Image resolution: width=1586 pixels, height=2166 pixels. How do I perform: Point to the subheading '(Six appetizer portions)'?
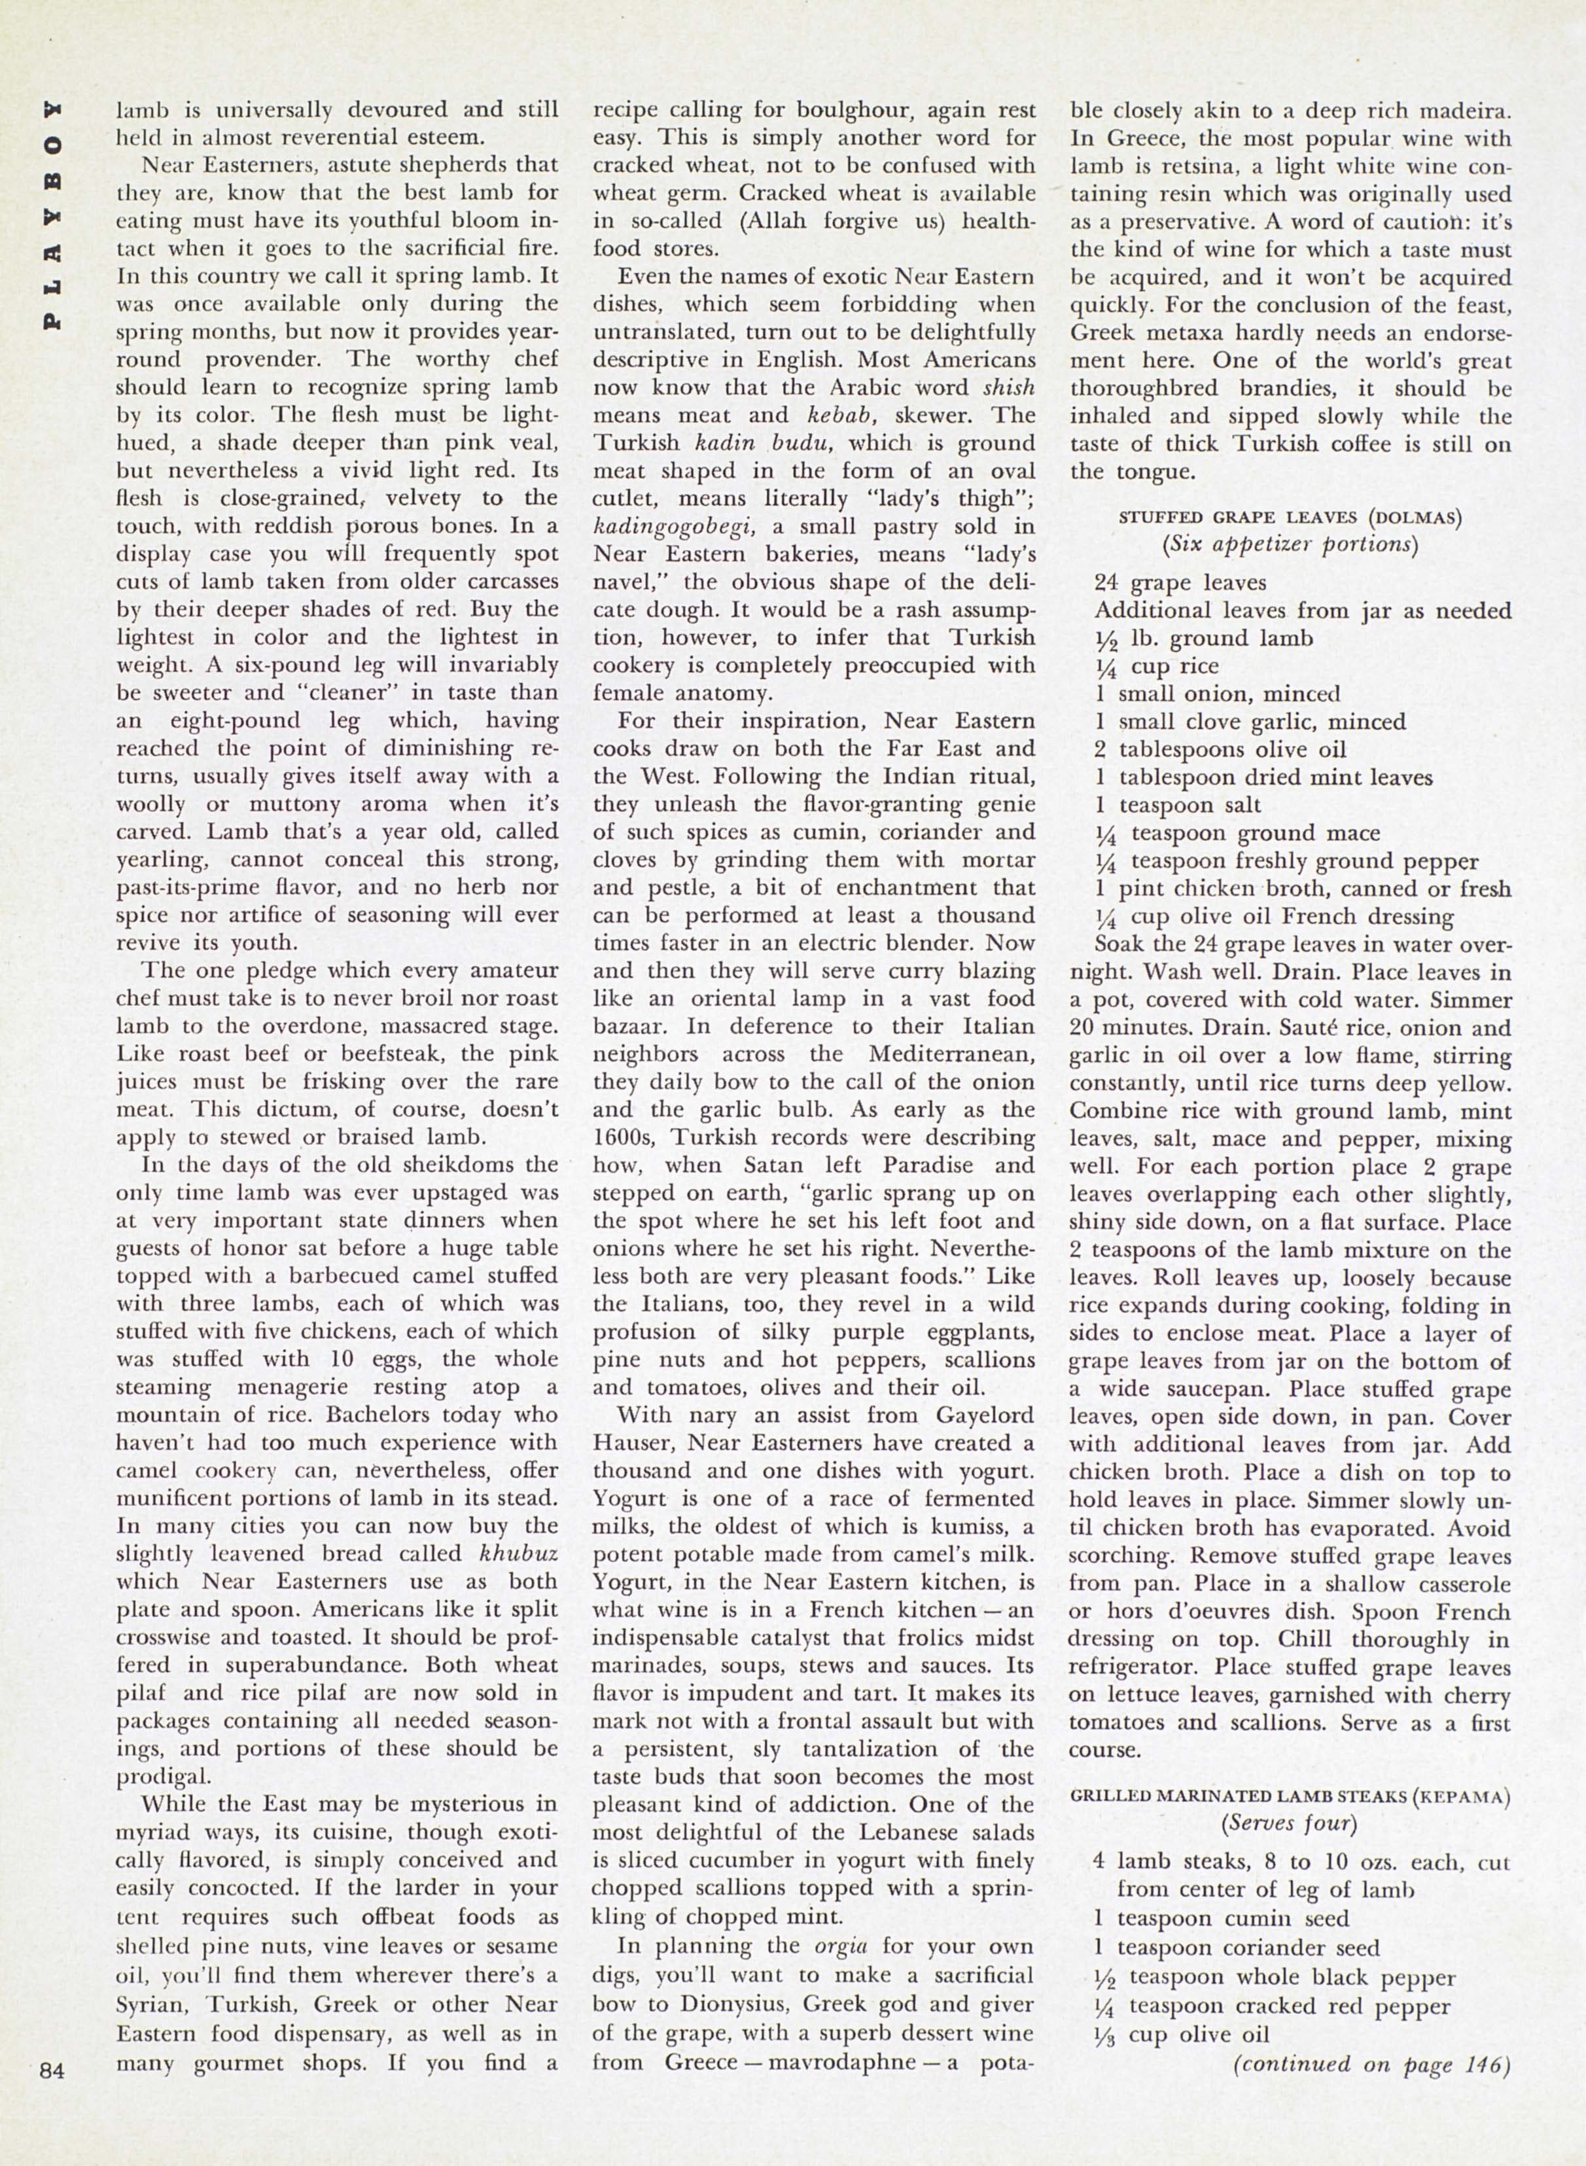coord(1290,543)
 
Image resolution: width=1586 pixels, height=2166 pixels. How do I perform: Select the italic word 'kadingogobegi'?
coord(674,527)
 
